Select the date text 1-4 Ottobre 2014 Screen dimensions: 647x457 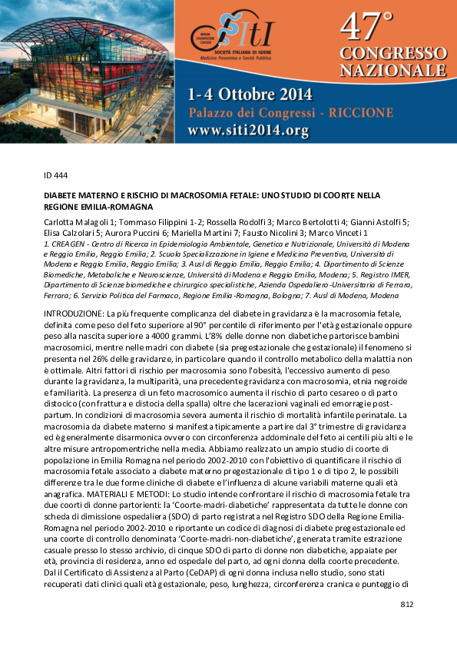[x=250, y=95]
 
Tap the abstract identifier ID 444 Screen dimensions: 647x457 [x=56, y=175]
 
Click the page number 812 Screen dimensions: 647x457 [x=406, y=606]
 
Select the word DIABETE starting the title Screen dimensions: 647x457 [x=59, y=196]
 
